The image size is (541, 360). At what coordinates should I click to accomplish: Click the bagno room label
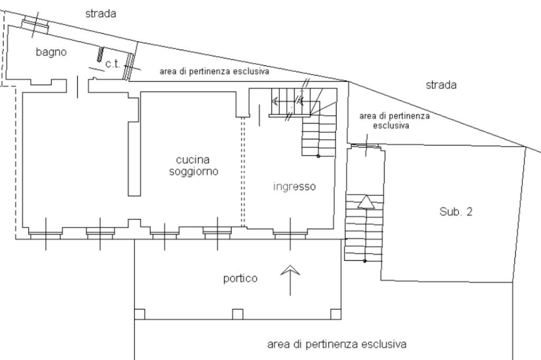click(51, 52)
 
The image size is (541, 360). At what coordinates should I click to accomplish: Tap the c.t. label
click(113, 64)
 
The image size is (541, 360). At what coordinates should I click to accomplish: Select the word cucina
click(193, 159)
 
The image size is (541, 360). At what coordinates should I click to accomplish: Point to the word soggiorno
click(193, 172)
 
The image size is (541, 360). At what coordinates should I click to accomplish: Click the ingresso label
click(294, 186)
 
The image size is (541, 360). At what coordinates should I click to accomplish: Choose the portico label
click(240, 278)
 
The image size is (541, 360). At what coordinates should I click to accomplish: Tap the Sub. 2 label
click(456, 211)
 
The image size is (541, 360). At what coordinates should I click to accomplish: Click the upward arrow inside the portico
click(290, 280)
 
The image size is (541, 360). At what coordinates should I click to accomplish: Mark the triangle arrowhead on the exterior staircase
click(366, 202)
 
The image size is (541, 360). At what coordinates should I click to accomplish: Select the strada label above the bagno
click(100, 13)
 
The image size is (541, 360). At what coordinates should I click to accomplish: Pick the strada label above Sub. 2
click(441, 85)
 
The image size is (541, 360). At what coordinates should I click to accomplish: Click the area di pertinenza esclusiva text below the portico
click(337, 344)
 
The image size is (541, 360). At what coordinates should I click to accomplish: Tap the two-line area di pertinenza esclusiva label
click(394, 120)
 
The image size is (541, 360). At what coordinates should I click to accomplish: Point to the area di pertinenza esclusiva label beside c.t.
click(214, 71)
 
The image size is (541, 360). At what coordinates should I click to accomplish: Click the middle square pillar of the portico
click(237, 314)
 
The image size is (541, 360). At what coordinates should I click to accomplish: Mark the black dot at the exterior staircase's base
click(365, 261)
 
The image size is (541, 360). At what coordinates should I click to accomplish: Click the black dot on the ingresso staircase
click(318, 156)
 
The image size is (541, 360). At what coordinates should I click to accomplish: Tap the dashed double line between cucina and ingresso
click(243, 172)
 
